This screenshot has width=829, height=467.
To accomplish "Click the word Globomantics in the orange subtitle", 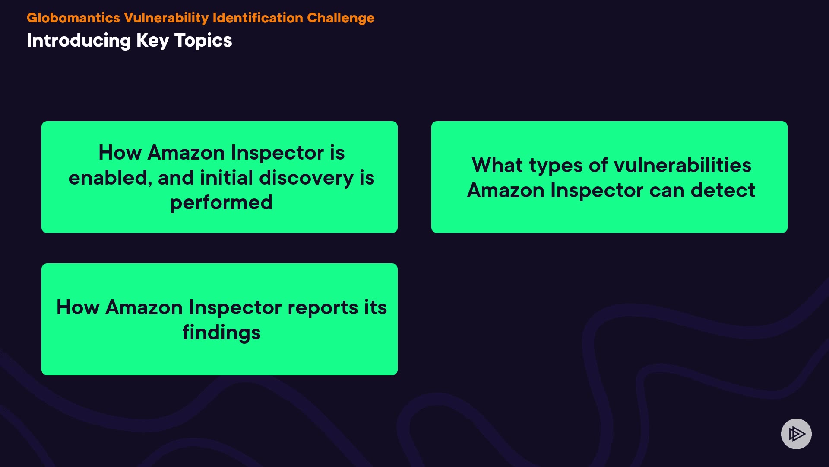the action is point(73,18).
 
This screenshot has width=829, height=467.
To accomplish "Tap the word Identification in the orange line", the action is point(258,18).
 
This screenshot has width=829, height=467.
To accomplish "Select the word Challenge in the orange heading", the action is point(341,18).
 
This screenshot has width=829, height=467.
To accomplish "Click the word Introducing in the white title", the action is point(79,41).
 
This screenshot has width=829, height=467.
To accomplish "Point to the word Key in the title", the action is point(153,41).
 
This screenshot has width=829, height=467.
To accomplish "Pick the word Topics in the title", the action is point(203,41).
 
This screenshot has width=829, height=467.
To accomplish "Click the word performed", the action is point(221,202).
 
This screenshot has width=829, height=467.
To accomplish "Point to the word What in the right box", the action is point(497,165).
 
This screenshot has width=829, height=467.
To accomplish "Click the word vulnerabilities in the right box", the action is point(682,165).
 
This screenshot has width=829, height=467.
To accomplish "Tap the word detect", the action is point(723,190).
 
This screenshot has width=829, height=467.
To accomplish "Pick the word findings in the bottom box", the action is point(221,333).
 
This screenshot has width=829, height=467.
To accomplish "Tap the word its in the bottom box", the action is point(375,307).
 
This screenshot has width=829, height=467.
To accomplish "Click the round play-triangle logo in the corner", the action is point(796,434).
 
